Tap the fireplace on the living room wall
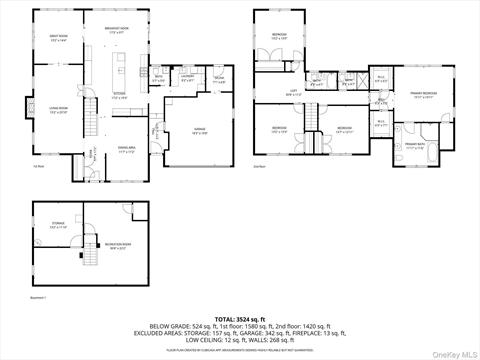(35, 112)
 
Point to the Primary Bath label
(417, 146)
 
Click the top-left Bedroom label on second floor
(279, 38)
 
